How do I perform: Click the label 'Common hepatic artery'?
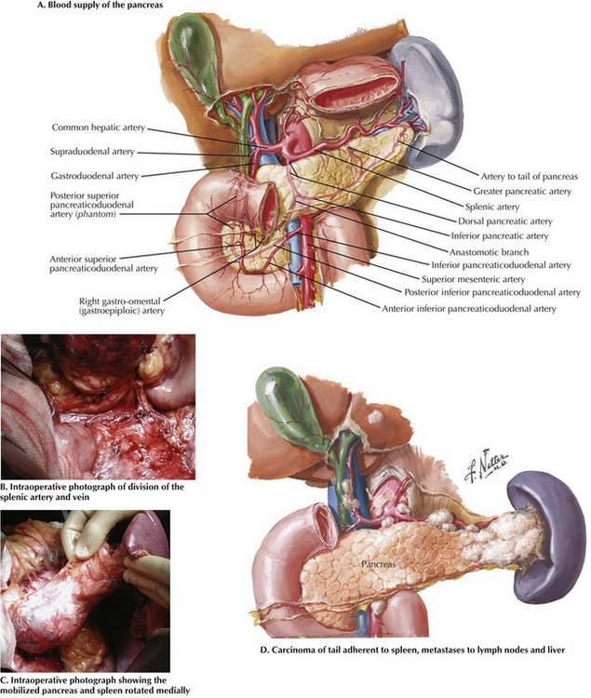pyautogui.click(x=99, y=128)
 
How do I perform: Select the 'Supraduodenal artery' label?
pyautogui.click(x=92, y=152)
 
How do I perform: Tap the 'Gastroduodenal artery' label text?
pyautogui.click(x=94, y=176)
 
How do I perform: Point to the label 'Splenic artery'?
pyautogui.click(x=492, y=207)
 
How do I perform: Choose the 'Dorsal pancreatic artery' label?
pyautogui.click(x=505, y=221)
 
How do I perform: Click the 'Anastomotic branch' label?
pyautogui.click(x=490, y=252)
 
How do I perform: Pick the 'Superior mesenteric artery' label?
pyautogui.click(x=473, y=279)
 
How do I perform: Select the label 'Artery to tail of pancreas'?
pyautogui.click(x=530, y=177)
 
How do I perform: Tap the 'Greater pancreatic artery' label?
pyautogui.click(x=522, y=192)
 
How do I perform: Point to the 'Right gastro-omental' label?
pyautogui.click(x=120, y=302)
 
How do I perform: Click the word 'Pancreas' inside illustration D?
pyautogui.click(x=378, y=564)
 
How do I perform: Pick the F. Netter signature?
pyautogui.click(x=486, y=467)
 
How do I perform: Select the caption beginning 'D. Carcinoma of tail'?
pyautogui.click(x=412, y=650)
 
